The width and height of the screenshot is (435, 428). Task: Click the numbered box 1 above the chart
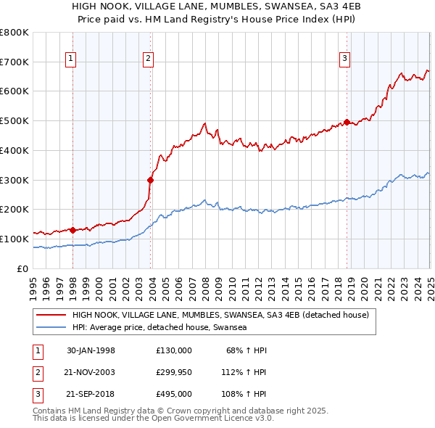72,59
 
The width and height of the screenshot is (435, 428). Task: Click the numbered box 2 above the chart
148,59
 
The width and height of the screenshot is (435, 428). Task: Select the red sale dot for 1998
73,230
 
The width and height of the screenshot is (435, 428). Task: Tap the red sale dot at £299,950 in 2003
150,180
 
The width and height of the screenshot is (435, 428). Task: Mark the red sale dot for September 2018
347,122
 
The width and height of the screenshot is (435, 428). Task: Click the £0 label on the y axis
23,268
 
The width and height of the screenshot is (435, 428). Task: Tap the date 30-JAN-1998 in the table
91,350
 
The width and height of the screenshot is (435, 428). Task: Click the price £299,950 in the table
173,373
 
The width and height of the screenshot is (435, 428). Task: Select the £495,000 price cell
173,395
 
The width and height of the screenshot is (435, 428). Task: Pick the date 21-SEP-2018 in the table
91,395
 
